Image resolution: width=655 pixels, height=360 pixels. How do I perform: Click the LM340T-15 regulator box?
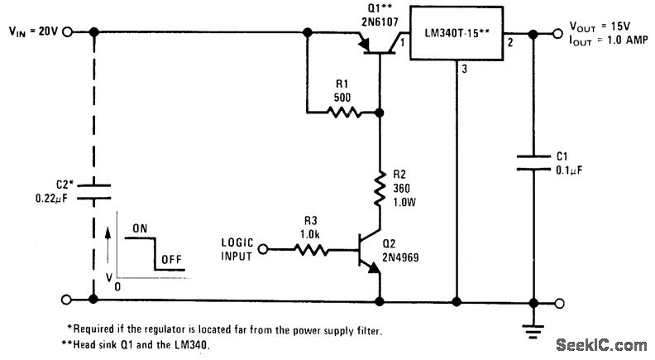[x=457, y=33]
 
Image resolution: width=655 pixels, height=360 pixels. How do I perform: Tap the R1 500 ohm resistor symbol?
[x=342, y=112]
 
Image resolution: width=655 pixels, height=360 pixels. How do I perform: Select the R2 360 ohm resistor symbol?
[x=380, y=188]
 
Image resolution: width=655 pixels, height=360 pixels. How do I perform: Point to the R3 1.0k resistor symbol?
[x=311, y=250]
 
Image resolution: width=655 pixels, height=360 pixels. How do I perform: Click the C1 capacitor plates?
[x=533, y=163]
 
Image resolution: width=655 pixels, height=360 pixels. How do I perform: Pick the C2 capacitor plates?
[x=94, y=191]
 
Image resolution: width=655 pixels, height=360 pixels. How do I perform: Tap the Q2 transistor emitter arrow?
[x=374, y=268]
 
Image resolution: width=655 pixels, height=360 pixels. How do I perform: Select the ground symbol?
[x=533, y=331]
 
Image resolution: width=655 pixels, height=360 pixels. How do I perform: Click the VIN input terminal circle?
[x=67, y=31]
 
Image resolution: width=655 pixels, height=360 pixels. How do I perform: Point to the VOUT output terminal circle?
[x=557, y=33]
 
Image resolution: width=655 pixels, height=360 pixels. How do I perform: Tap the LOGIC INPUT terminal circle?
[x=263, y=250]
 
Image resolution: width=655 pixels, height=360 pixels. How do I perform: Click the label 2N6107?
[x=380, y=21]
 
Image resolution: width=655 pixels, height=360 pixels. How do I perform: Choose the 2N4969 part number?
[x=400, y=257]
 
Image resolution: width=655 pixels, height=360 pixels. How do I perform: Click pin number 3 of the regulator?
[x=465, y=70]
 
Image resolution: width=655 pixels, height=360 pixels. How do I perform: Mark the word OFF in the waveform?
[x=172, y=260]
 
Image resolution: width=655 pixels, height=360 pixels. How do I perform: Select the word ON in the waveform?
[x=140, y=228]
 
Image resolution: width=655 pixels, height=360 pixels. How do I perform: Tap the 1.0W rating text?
[x=404, y=203]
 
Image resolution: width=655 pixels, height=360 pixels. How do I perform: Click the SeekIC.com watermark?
[x=601, y=345]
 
